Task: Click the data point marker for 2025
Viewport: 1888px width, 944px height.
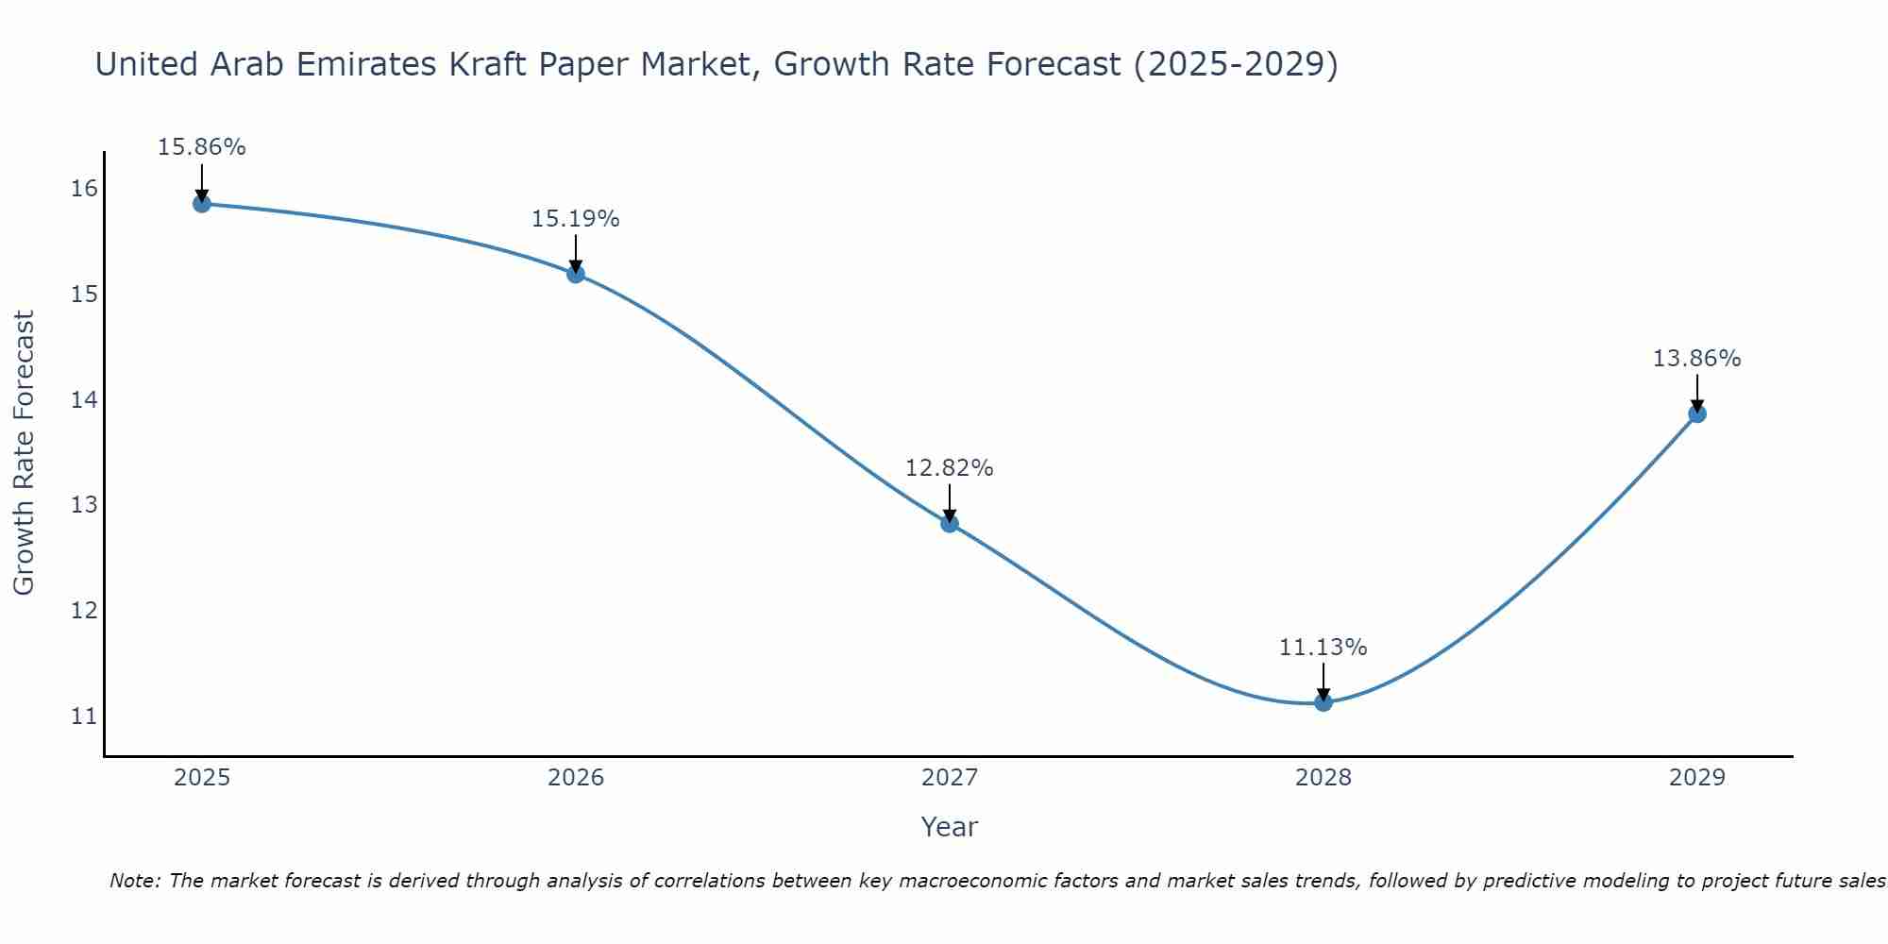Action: point(202,204)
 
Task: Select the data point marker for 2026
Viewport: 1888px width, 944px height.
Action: point(576,274)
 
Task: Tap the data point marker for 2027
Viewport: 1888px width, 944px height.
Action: point(950,523)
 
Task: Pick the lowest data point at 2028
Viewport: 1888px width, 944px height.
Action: point(1323,701)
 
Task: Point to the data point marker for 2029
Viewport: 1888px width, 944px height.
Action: point(1696,413)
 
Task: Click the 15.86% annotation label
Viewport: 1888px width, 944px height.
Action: point(201,147)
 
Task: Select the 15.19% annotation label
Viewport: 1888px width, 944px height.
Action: point(575,219)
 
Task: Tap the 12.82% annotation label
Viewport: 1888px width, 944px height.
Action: point(949,468)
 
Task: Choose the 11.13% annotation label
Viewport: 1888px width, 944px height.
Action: point(1323,648)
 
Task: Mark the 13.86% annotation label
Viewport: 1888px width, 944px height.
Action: point(1696,359)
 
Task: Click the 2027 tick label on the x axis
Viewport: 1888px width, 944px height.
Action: point(950,778)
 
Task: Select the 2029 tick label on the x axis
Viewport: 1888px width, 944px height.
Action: point(1696,778)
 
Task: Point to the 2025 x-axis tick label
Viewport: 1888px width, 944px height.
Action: point(202,778)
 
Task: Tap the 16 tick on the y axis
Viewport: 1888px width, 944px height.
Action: point(84,189)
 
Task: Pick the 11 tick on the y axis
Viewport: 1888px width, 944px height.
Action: point(84,716)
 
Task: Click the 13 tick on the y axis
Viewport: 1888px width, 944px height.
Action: point(84,505)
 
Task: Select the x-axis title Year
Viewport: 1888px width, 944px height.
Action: point(949,827)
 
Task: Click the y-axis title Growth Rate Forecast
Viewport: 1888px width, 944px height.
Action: point(24,453)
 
